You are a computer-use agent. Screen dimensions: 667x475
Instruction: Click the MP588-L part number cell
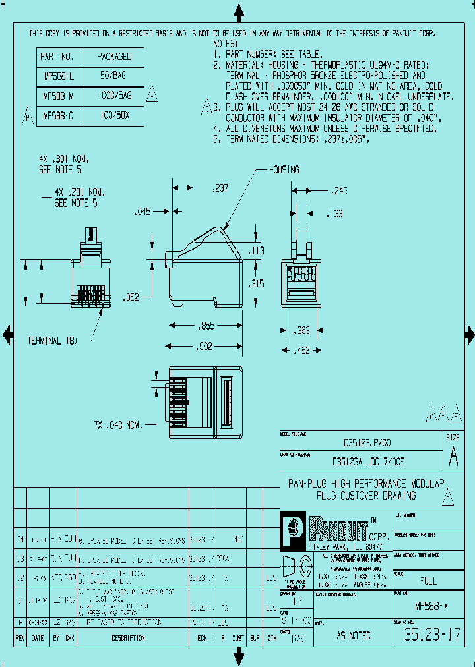point(58,76)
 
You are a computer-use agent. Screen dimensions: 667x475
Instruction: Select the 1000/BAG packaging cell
point(115,96)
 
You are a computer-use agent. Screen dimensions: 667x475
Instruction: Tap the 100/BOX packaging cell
point(115,115)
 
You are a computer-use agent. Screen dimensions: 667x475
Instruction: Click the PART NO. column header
point(58,57)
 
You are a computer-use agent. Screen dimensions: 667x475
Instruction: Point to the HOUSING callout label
point(284,170)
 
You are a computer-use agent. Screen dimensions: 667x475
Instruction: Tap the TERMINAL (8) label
point(52,341)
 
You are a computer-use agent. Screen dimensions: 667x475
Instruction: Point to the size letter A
point(453,455)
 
